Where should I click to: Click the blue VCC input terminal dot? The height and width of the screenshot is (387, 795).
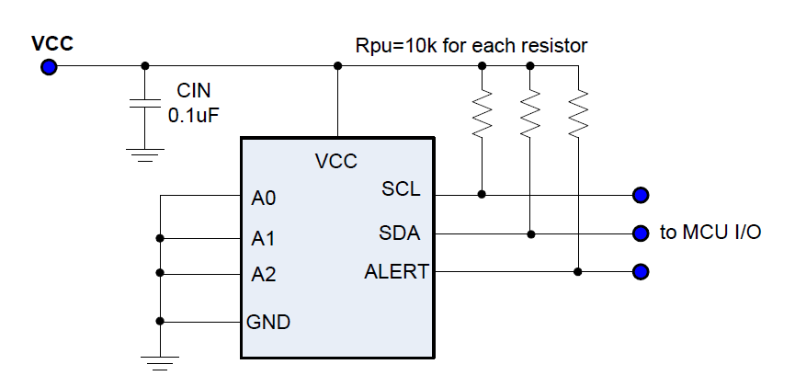point(49,66)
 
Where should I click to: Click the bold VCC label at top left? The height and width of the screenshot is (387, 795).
point(52,43)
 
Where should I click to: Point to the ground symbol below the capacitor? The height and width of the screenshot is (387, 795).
point(144,154)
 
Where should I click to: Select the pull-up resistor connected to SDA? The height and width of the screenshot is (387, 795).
point(530,114)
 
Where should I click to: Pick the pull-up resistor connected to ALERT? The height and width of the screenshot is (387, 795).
point(577,114)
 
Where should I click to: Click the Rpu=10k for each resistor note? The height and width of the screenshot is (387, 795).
point(471,45)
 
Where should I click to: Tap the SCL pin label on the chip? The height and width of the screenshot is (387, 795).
point(401,189)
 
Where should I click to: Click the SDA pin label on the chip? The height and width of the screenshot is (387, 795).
point(399,233)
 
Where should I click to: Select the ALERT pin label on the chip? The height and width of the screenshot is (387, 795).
point(395,271)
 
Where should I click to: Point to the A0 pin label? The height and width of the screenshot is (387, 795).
point(264,198)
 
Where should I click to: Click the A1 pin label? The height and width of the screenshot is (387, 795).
point(264,239)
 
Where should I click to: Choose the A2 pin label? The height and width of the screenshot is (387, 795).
point(264,274)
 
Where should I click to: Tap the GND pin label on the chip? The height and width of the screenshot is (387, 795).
point(268,322)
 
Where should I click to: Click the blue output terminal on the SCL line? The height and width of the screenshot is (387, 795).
point(641,194)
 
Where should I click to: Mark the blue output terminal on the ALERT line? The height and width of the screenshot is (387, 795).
point(641,271)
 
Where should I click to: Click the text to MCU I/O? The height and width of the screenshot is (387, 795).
point(710,233)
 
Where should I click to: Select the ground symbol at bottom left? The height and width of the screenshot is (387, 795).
point(160,364)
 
